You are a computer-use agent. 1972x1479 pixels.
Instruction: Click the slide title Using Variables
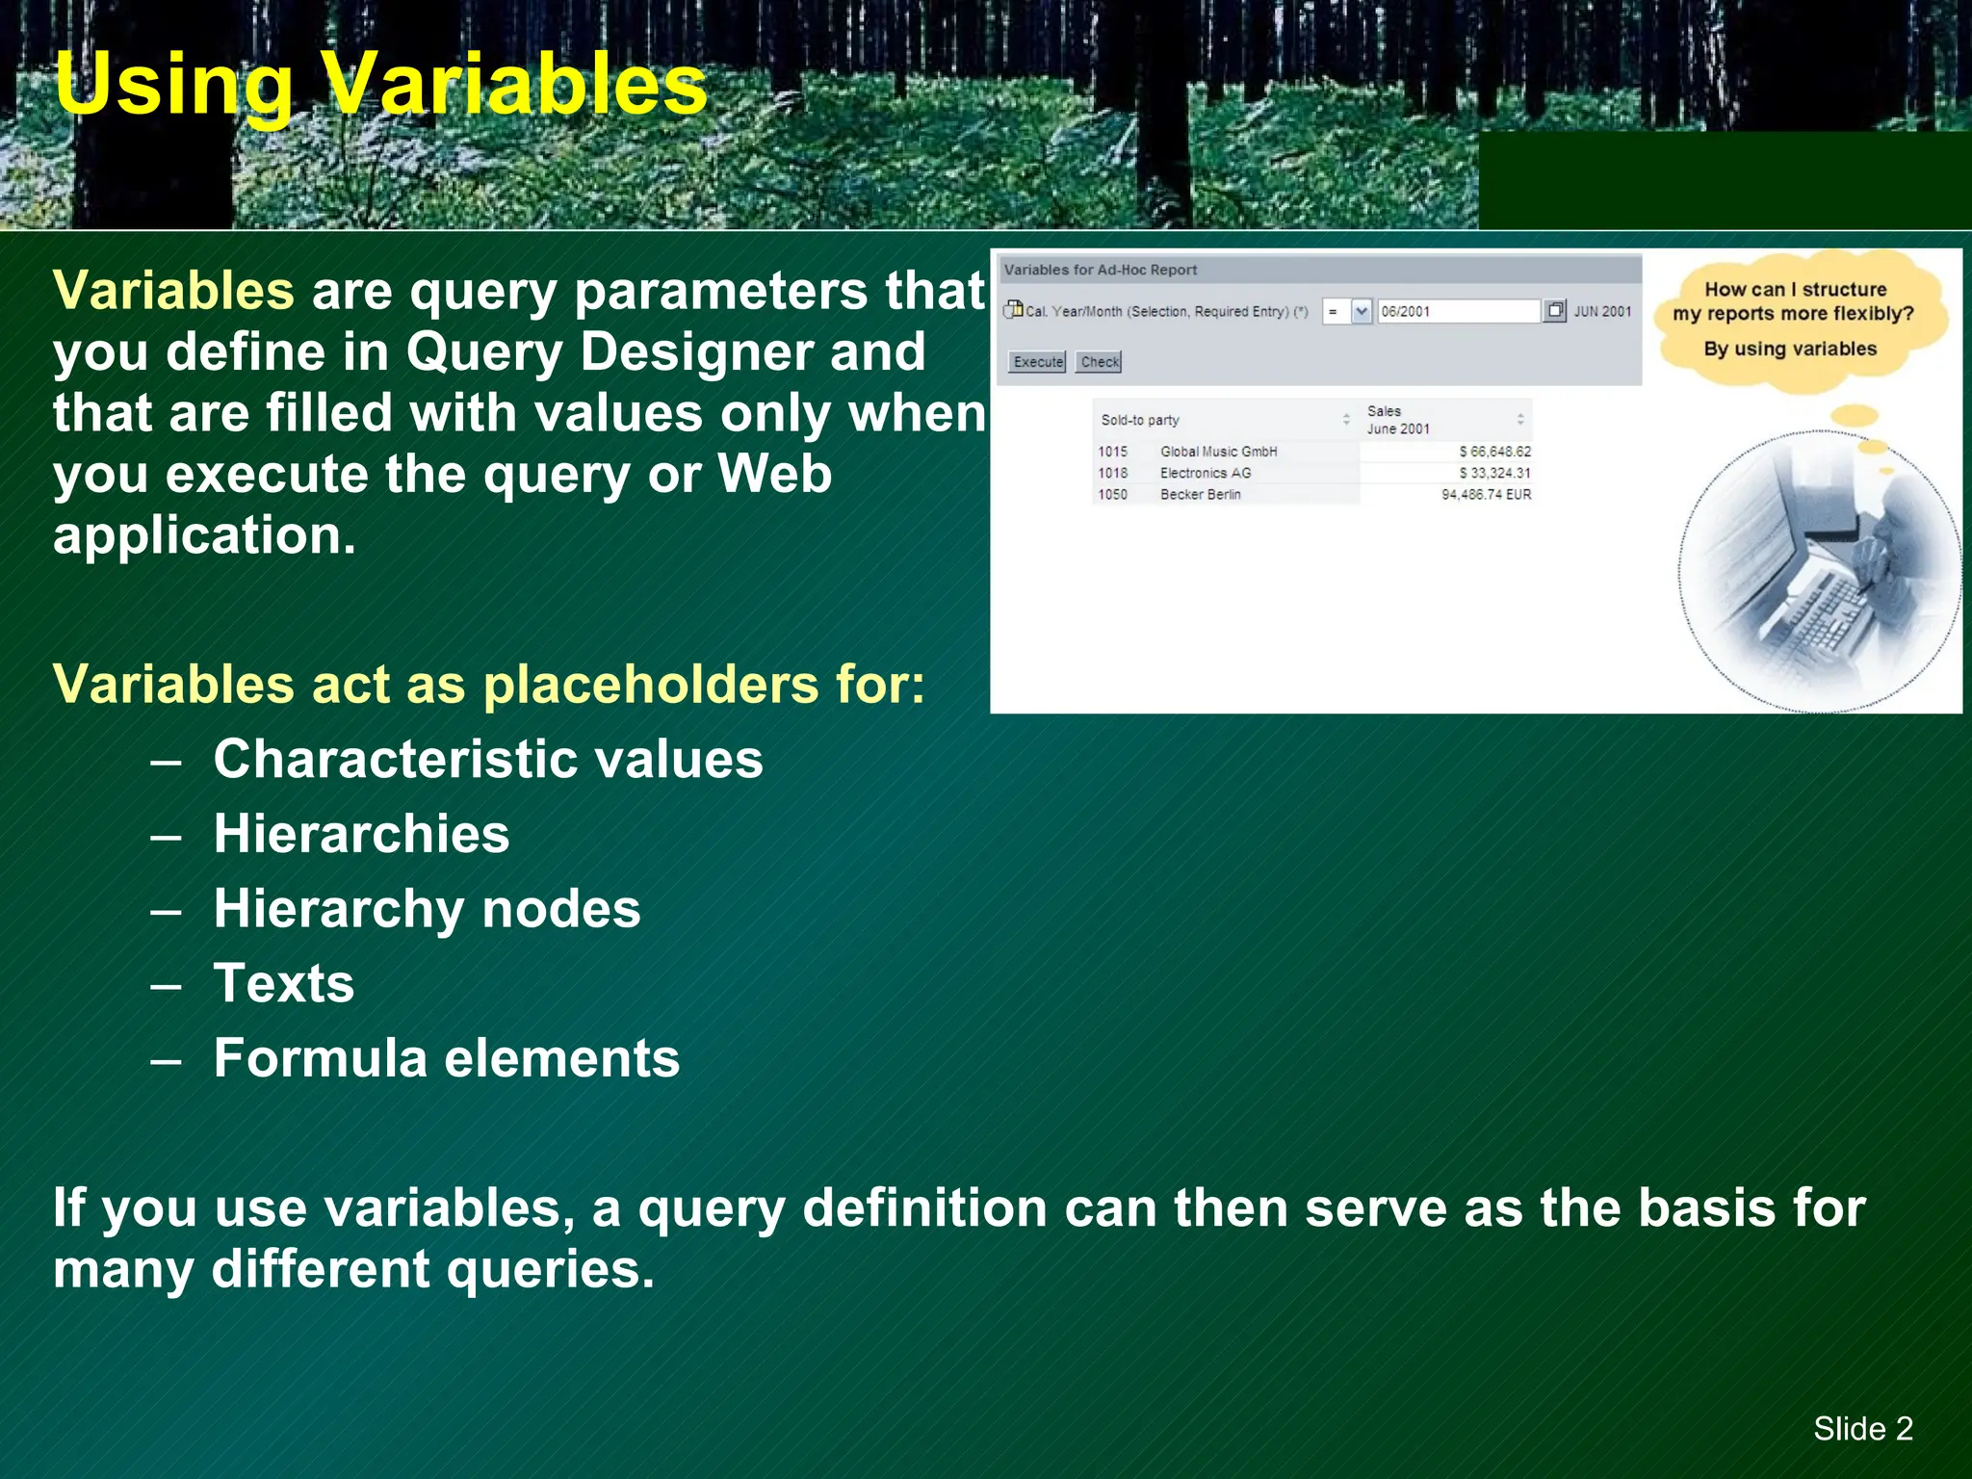coord(380,85)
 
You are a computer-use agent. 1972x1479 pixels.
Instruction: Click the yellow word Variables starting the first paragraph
coord(173,291)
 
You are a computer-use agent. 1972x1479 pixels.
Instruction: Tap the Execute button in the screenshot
coord(1037,362)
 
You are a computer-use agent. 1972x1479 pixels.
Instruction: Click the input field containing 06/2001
coord(1457,311)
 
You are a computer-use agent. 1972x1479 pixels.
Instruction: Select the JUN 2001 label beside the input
coord(1602,311)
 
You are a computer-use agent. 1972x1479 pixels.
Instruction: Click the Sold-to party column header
coord(1140,420)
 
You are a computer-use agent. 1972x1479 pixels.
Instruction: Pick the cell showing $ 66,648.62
coord(1494,452)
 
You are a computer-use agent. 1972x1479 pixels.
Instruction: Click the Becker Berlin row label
coord(1200,494)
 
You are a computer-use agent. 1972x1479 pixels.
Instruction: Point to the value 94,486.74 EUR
coord(1486,494)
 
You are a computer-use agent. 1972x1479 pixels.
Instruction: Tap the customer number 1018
coord(1112,473)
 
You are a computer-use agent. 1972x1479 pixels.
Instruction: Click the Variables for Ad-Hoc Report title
coord(1100,270)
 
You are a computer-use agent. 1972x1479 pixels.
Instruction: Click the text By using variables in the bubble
coord(1790,349)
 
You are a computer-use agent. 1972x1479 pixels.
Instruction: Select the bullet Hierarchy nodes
coord(427,908)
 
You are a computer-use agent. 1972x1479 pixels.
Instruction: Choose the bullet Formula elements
coord(447,1057)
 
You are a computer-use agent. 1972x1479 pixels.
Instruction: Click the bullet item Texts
coord(284,983)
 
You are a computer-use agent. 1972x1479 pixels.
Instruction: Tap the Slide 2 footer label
coord(1862,1428)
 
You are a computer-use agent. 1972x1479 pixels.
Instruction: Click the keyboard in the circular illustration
coord(1810,616)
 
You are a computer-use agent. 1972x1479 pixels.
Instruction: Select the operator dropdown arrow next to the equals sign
coord(1361,311)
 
